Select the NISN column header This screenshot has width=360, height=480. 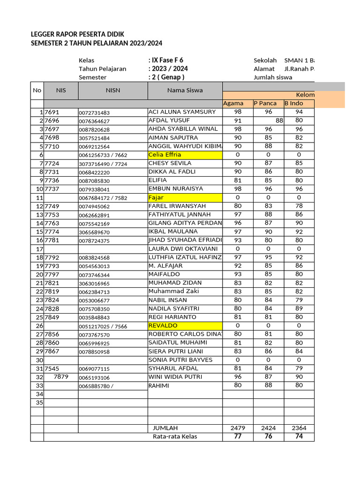(113, 90)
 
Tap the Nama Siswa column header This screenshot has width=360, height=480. (185, 90)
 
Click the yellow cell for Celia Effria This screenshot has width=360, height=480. (185, 155)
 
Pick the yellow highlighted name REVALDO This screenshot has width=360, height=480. (185, 326)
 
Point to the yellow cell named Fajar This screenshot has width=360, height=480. (185, 197)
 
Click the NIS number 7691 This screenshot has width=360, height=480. (52, 112)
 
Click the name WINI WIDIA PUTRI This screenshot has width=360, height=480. (176, 377)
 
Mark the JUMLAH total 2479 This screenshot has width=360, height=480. (238, 428)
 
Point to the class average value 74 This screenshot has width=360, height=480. (299, 436)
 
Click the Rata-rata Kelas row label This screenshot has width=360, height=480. (175, 436)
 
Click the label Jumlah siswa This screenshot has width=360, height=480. (273, 77)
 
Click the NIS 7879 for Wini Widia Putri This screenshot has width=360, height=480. (61, 377)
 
